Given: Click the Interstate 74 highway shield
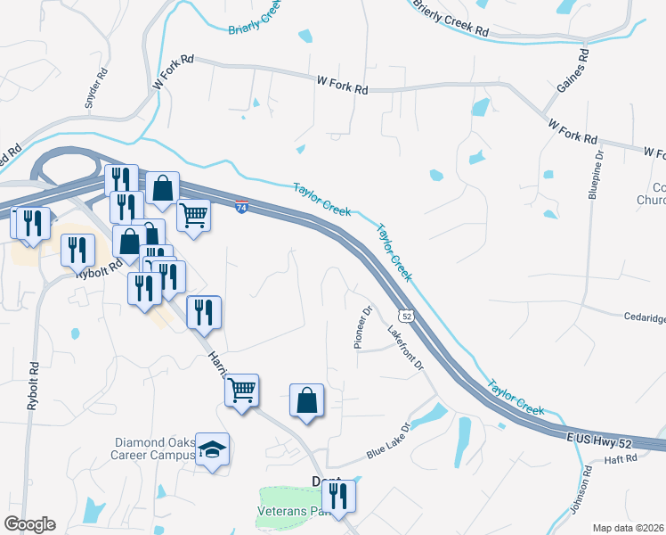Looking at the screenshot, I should pyautogui.click(x=241, y=208).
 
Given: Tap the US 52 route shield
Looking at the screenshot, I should pyautogui.click(x=407, y=316).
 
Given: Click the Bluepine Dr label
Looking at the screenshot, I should pyautogui.click(x=598, y=177).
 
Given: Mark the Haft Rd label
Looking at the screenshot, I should pyautogui.click(x=621, y=458).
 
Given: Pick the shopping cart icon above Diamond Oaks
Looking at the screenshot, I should pyautogui.click(x=241, y=390).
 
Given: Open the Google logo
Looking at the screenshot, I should pyautogui.click(x=29, y=524).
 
